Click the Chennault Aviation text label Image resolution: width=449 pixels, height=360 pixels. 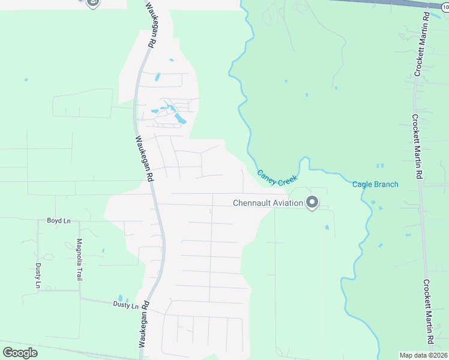click(268, 203)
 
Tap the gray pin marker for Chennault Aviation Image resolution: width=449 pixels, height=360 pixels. click(312, 203)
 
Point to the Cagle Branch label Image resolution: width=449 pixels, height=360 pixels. click(375, 184)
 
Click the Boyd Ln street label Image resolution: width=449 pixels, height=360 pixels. click(59, 221)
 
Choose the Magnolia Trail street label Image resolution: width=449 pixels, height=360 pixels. click(79, 260)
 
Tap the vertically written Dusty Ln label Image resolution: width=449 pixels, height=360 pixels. click(37, 275)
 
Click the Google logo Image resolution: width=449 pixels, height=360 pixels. click(20, 353)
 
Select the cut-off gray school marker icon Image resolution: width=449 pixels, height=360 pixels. click(92, 3)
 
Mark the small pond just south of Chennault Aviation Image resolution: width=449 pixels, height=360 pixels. click(327, 227)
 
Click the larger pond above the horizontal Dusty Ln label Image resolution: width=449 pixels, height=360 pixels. click(121, 298)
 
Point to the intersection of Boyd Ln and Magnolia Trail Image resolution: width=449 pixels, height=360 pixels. click(78, 221)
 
